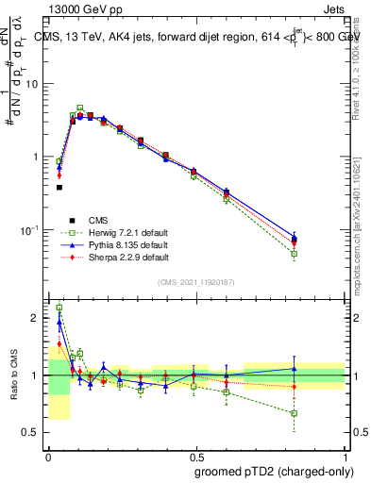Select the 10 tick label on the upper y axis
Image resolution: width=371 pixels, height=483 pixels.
click(x=32, y=84)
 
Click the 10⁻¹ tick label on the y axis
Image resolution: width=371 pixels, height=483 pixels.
click(x=29, y=230)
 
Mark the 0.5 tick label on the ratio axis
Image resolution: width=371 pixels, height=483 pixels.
click(x=32, y=432)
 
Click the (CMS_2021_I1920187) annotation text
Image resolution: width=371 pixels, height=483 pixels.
click(x=196, y=282)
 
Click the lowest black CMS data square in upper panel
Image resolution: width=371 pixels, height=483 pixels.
click(x=59, y=188)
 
